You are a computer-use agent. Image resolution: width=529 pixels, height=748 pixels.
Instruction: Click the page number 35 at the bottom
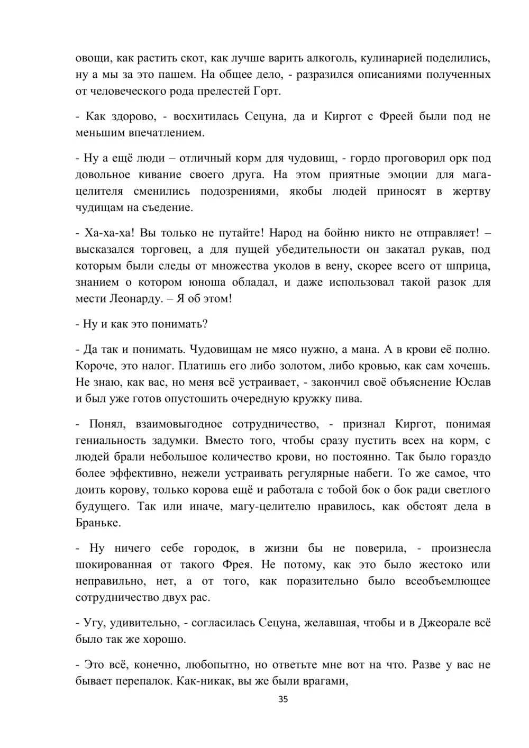click(x=283, y=699)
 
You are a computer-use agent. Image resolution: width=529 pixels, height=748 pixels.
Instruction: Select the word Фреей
click(x=396, y=116)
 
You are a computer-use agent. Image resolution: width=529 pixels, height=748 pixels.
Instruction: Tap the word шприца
click(x=469, y=266)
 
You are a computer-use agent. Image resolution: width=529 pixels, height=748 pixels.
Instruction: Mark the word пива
click(x=351, y=399)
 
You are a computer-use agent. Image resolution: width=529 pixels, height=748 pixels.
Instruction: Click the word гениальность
click(x=108, y=440)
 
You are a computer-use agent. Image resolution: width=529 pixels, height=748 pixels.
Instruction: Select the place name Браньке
click(x=98, y=523)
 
